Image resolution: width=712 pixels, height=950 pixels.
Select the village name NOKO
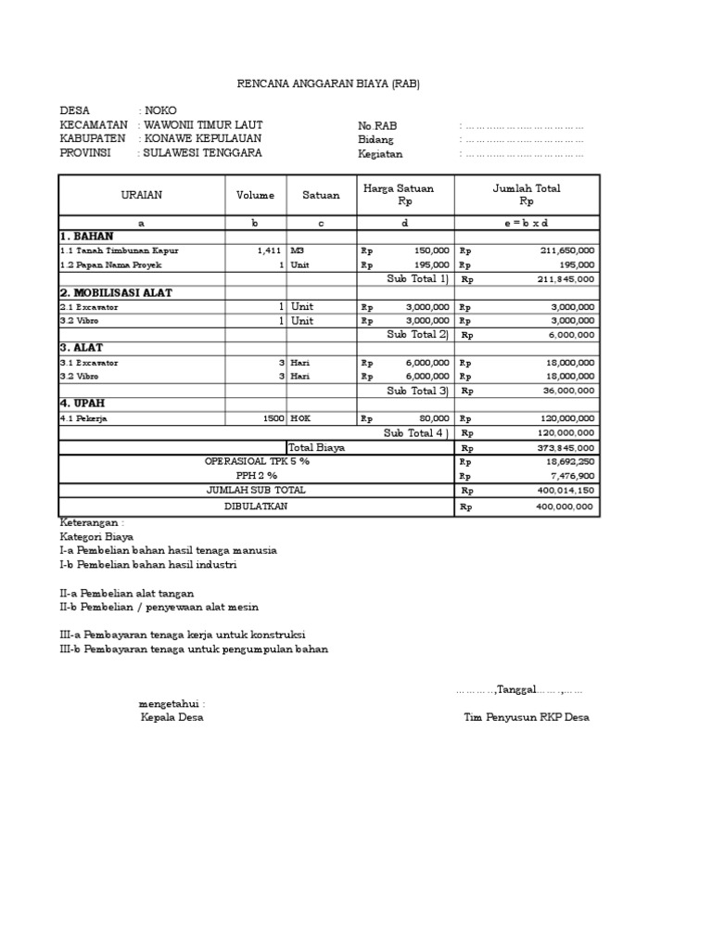[160, 110]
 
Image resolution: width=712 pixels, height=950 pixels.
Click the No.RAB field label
[377, 126]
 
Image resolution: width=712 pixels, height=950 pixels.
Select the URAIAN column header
[142, 196]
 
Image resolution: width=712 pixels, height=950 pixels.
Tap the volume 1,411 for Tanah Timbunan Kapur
[269, 250]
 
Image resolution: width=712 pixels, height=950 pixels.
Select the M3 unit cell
[298, 250]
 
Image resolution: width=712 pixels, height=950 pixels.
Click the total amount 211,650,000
[567, 250]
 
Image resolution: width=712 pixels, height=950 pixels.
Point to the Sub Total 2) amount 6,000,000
[573, 335]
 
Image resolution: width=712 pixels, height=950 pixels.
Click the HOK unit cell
[300, 419]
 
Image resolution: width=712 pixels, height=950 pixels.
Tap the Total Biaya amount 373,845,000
[566, 447]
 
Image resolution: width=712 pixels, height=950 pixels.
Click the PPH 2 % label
[257, 475]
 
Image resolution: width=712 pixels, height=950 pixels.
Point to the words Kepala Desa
[172, 717]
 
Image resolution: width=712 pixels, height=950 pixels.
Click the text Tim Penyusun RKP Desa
[527, 717]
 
